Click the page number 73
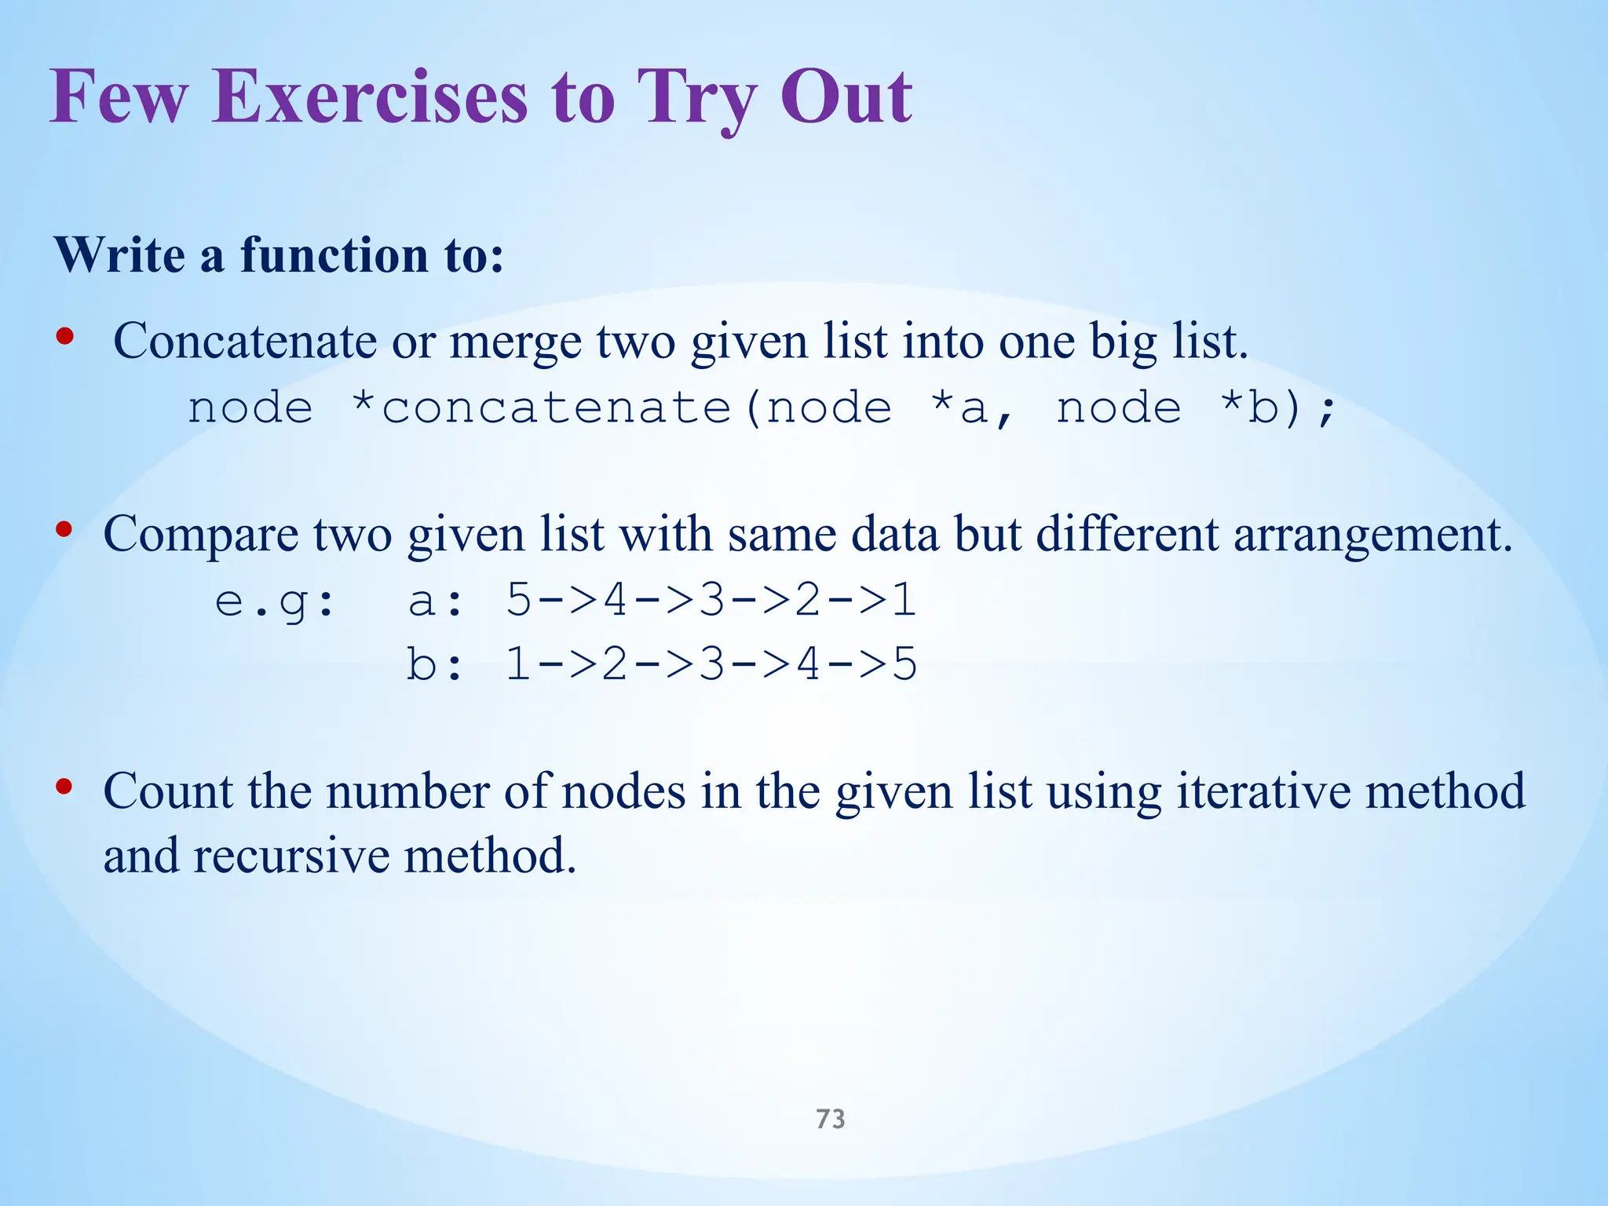tap(830, 1118)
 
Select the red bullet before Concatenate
tap(65, 338)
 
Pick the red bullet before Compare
tap(65, 531)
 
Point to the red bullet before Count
tap(65, 787)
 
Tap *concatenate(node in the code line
tap(620, 408)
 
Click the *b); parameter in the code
tap(1278, 408)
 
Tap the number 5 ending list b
tap(904, 664)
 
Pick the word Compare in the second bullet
tap(201, 535)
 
